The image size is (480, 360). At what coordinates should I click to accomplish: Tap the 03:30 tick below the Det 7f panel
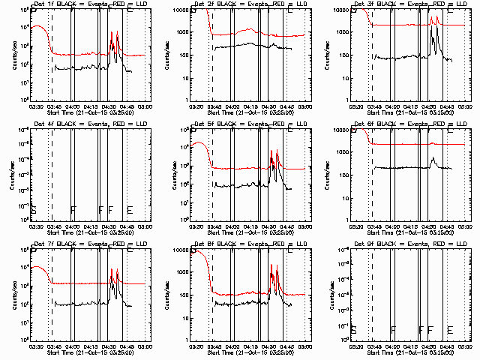[x=34, y=346]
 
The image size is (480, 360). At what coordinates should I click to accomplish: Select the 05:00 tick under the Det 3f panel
[x=465, y=106]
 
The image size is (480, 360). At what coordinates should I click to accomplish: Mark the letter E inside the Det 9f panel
[x=449, y=329]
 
